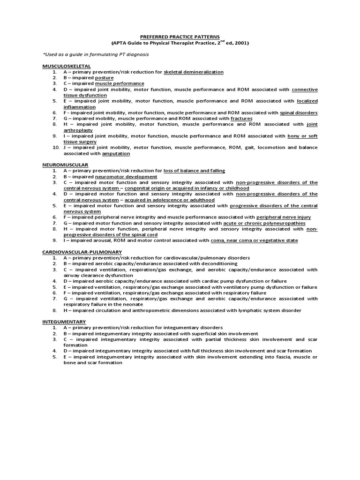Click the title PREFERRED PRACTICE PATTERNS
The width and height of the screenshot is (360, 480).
pos(180,35)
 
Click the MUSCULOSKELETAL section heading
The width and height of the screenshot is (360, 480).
pos(67,66)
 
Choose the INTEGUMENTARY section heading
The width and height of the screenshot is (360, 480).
pos(64,321)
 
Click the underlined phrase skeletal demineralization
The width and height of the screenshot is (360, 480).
pos(194,72)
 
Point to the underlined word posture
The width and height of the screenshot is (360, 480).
pos(104,77)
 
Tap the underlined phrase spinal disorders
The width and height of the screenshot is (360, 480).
pos(299,112)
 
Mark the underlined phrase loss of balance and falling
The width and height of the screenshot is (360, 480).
pos(195,171)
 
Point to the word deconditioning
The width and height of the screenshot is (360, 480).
pos(211,263)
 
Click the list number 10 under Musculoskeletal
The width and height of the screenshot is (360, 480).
pos(54,147)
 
